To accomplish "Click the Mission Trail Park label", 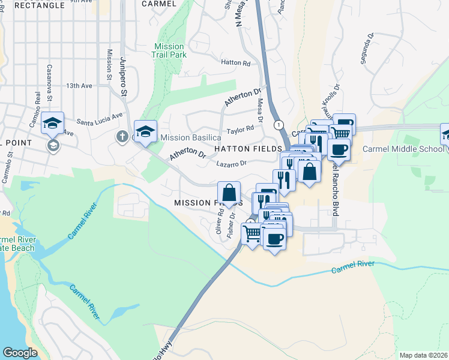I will pos(169,50).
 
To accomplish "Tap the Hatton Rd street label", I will pos(235,62).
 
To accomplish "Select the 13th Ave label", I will pos(79,86).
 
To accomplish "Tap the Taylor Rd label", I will pos(241,130).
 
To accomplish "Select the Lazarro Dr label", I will pos(231,163).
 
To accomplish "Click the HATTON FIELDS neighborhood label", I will pos(248,148).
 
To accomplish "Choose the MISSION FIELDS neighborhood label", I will pos(208,203).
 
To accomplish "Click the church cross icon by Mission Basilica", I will pos(122,137).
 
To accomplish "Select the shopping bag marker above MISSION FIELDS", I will pos(229,193).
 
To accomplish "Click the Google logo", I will pos(20,353).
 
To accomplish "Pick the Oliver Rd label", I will pos(220,221).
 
